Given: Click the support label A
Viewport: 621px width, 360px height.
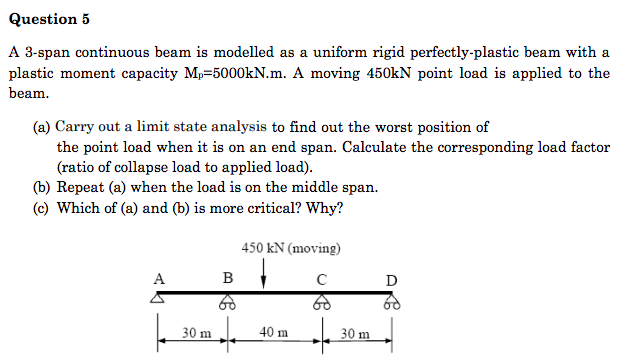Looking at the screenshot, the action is pos(157,278).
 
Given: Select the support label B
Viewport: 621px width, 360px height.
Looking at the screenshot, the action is pos(227,278).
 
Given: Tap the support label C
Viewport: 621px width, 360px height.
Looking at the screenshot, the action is pos(321,278).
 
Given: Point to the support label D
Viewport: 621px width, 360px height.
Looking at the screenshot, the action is pos(391,278).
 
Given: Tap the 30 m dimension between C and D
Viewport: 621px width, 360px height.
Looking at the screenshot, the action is pos(356,332).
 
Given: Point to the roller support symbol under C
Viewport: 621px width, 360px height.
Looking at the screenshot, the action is pos(321,300).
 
